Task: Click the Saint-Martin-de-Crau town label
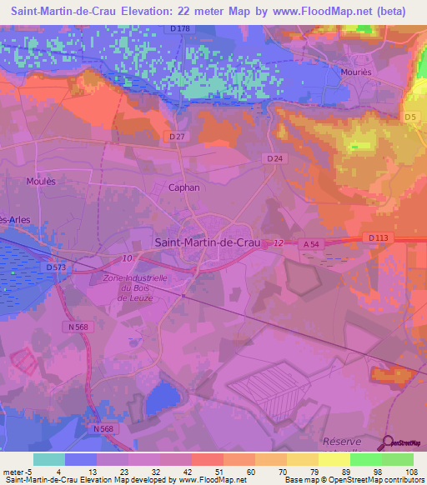click(208, 242)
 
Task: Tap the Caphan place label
click(184, 187)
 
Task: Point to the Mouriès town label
click(356, 72)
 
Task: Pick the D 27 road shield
click(176, 137)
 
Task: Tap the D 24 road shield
click(275, 158)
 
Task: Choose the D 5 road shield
click(410, 117)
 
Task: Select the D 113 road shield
click(379, 237)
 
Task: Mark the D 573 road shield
click(56, 267)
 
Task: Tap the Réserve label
click(343, 442)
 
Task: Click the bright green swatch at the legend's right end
click(398, 459)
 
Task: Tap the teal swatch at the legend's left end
click(49, 459)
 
